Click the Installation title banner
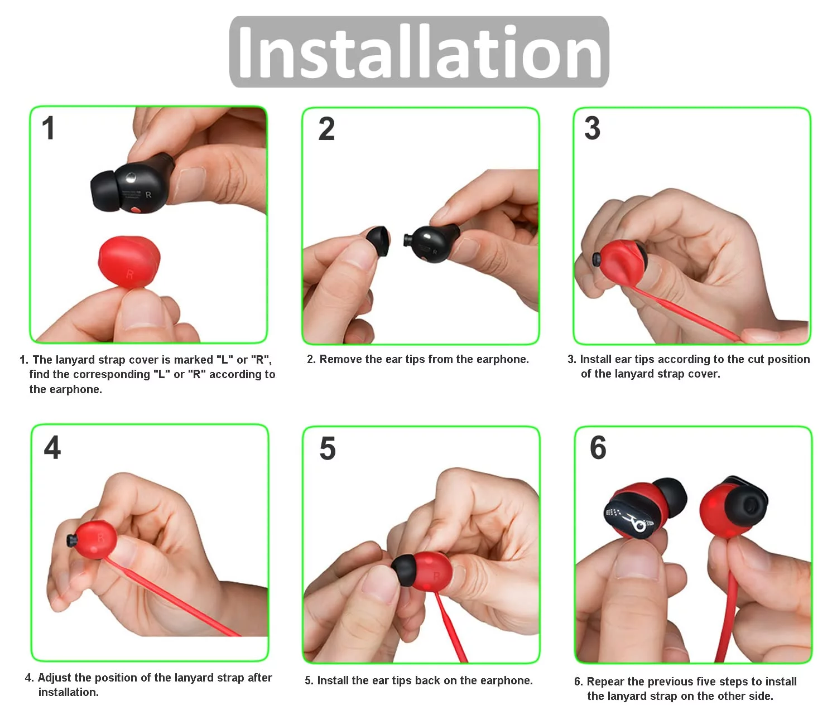419,52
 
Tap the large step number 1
48,128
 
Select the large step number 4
52,448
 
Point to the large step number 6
598,448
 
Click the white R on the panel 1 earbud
148,195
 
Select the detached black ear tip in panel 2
378,241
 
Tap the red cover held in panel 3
622,262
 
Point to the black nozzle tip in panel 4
71,540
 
